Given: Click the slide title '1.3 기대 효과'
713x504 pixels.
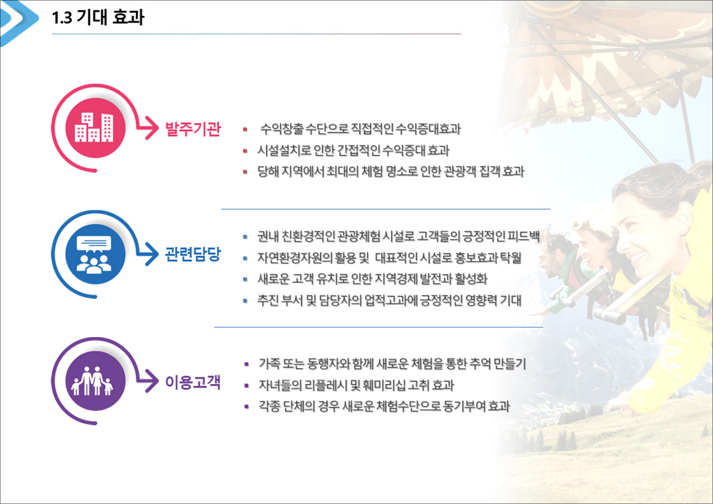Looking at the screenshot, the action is [x=98, y=18].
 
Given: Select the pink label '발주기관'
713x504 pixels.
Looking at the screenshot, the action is [x=193, y=129].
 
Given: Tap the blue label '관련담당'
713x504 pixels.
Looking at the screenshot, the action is [x=193, y=254].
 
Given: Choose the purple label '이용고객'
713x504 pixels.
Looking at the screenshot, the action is [x=193, y=382].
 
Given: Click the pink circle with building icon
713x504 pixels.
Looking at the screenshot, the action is [x=95, y=128].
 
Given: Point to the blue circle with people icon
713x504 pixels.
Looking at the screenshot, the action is [x=95, y=254].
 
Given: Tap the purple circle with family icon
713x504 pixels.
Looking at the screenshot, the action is [x=95, y=381].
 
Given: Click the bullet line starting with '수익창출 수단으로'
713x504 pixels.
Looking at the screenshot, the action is [x=360, y=129].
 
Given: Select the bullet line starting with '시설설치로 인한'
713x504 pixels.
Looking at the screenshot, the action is [x=353, y=150].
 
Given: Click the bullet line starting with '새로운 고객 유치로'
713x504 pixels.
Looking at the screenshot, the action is [x=372, y=279].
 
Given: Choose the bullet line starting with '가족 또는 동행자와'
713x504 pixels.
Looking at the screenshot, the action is [x=392, y=363].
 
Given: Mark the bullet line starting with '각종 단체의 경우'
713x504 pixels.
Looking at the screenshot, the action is [x=384, y=406].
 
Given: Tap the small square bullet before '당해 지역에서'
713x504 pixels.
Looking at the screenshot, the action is [x=245, y=172].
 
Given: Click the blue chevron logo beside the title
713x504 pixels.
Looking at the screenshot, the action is [x=18, y=21].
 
